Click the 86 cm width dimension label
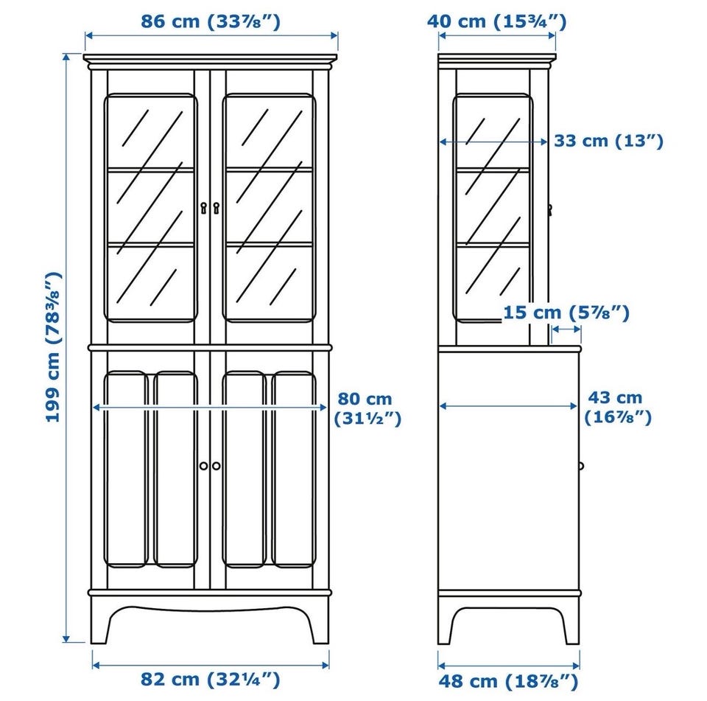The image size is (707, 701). pyautogui.click(x=211, y=21)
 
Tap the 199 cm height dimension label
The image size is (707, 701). pyautogui.click(x=53, y=347)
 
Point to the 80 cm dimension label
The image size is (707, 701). pyautogui.click(x=367, y=409)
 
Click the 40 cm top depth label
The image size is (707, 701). pyautogui.click(x=496, y=21)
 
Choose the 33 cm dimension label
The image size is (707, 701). pyautogui.click(x=609, y=141)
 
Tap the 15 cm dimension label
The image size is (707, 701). pyautogui.click(x=566, y=313)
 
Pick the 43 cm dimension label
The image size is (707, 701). pyautogui.click(x=618, y=408)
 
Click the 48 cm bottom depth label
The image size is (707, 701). pyautogui.click(x=508, y=681)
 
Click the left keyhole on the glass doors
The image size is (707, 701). pyautogui.click(x=204, y=208)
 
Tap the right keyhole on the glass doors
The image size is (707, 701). pyautogui.click(x=216, y=208)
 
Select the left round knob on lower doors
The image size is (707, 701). pyautogui.click(x=204, y=466)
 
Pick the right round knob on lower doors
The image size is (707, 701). pyautogui.click(x=216, y=466)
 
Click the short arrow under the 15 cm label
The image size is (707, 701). pyautogui.click(x=566, y=329)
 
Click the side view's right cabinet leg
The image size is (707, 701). pyautogui.click(x=571, y=622)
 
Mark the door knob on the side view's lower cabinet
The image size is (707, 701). pyautogui.click(x=581, y=466)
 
